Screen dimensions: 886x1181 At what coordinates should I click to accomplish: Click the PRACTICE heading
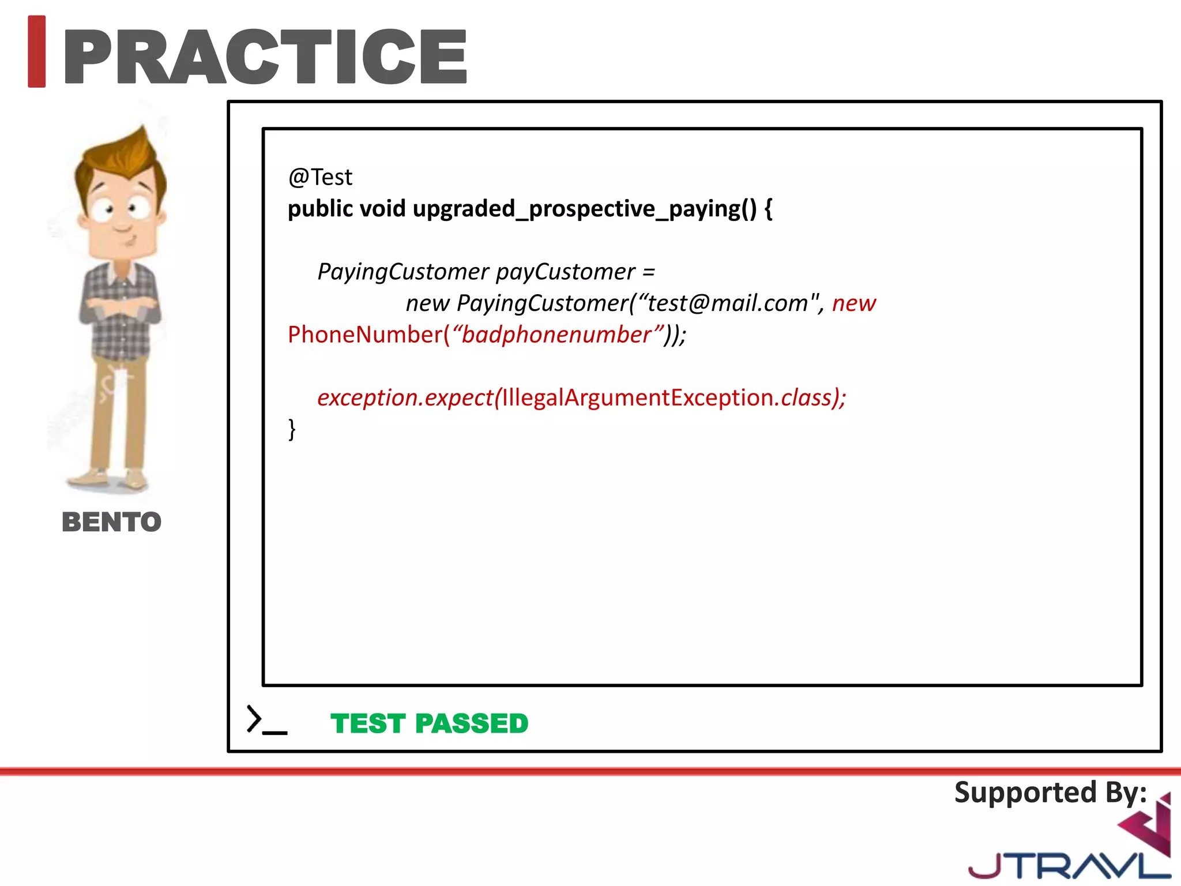[x=265, y=57]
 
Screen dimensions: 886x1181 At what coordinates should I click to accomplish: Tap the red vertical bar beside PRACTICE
[x=36, y=52]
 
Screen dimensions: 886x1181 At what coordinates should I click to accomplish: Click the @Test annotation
[x=320, y=177]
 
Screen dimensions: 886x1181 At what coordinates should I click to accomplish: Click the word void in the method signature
[x=382, y=209]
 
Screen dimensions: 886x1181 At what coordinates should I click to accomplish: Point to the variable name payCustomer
[x=565, y=272]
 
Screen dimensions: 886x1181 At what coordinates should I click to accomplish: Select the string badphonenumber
[x=556, y=335]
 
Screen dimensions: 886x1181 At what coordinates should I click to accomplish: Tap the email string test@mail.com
[x=728, y=303]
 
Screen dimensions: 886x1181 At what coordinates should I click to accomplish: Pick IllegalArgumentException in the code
[x=637, y=398]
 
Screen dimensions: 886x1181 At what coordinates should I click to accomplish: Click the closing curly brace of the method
[x=292, y=430]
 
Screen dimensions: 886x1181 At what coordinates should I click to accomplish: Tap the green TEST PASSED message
[x=429, y=723]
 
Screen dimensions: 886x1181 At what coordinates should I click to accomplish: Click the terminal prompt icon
[x=266, y=720]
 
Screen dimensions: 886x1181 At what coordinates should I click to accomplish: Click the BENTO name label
[x=111, y=522]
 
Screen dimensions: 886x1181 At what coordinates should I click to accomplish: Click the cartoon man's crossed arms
[x=119, y=309]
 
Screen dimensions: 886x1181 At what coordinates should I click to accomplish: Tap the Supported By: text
[x=1050, y=793]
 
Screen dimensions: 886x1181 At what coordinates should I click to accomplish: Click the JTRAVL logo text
[x=1067, y=865]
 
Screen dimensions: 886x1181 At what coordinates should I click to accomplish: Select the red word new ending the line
[x=853, y=303]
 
